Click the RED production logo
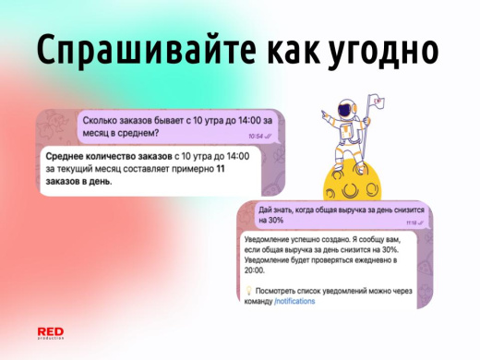coord(50,333)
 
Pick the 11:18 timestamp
coord(411,222)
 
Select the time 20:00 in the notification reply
coord(255,270)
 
